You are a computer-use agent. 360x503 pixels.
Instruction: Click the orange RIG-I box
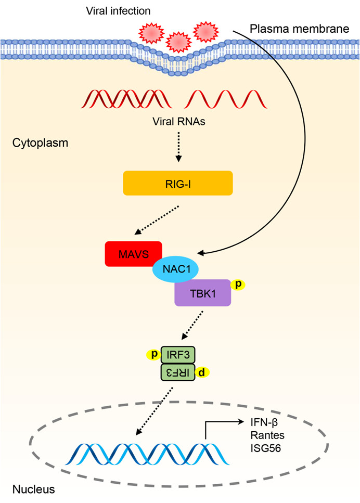tap(177, 183)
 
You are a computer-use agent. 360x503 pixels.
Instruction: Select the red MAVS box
tap(133, 254)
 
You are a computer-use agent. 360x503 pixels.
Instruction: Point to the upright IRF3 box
tap(178, 355)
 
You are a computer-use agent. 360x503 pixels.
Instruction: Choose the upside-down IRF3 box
tap(178, 372)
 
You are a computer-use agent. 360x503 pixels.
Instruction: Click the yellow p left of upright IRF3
tap(154, 355)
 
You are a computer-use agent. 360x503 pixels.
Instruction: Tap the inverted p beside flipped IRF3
tap(202, 372)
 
